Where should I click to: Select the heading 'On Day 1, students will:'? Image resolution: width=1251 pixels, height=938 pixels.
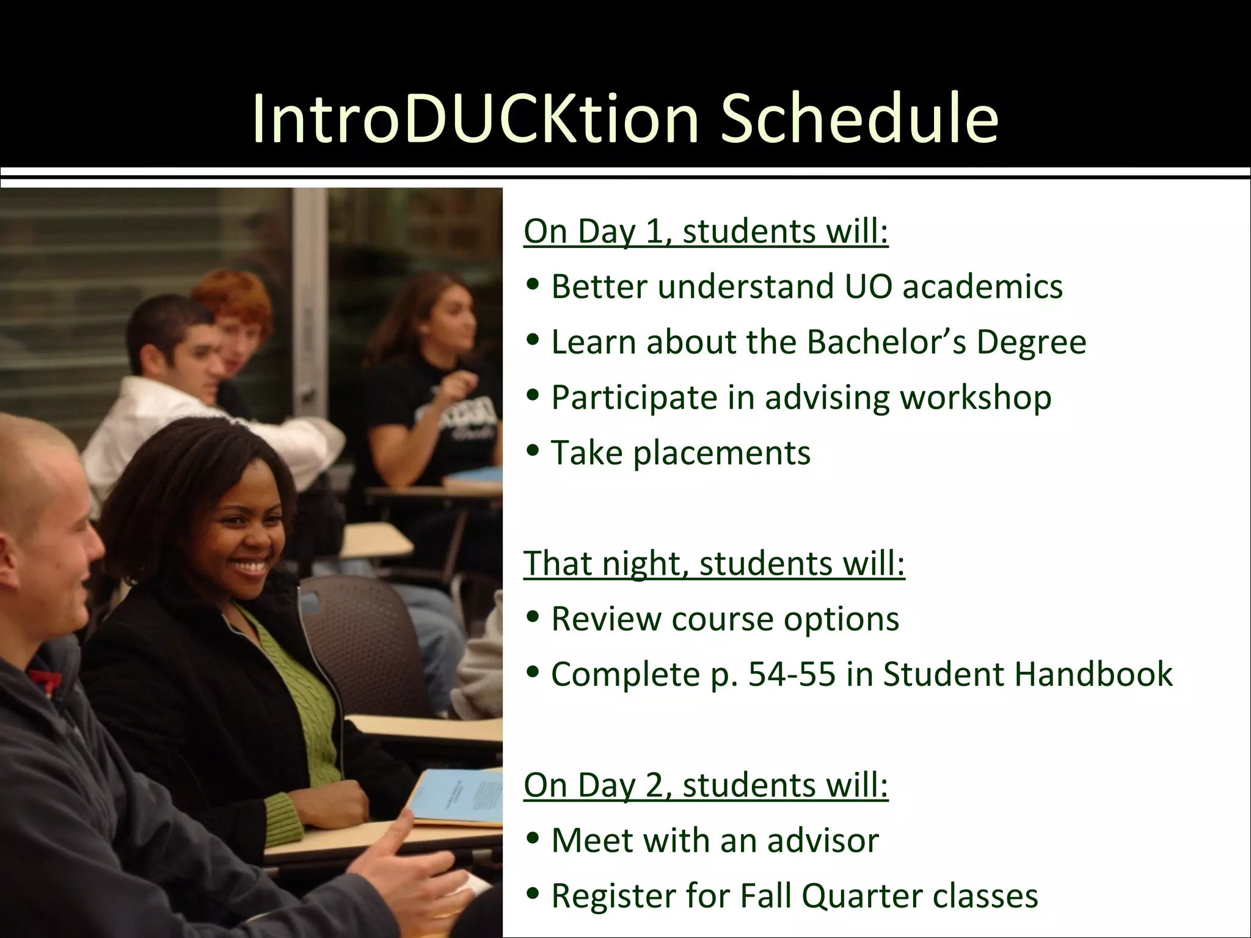(x=706, y=231)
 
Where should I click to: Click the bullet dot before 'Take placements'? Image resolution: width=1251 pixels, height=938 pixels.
(x=533, y=451)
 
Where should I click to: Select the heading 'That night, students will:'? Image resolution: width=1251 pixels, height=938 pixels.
(x=713, y=563)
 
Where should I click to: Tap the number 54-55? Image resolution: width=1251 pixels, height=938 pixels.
(x=791, y=674)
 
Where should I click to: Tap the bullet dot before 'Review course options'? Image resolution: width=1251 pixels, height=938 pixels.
(x=533, y=617)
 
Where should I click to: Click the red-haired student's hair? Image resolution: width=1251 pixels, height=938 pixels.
(x=235, y=296)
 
